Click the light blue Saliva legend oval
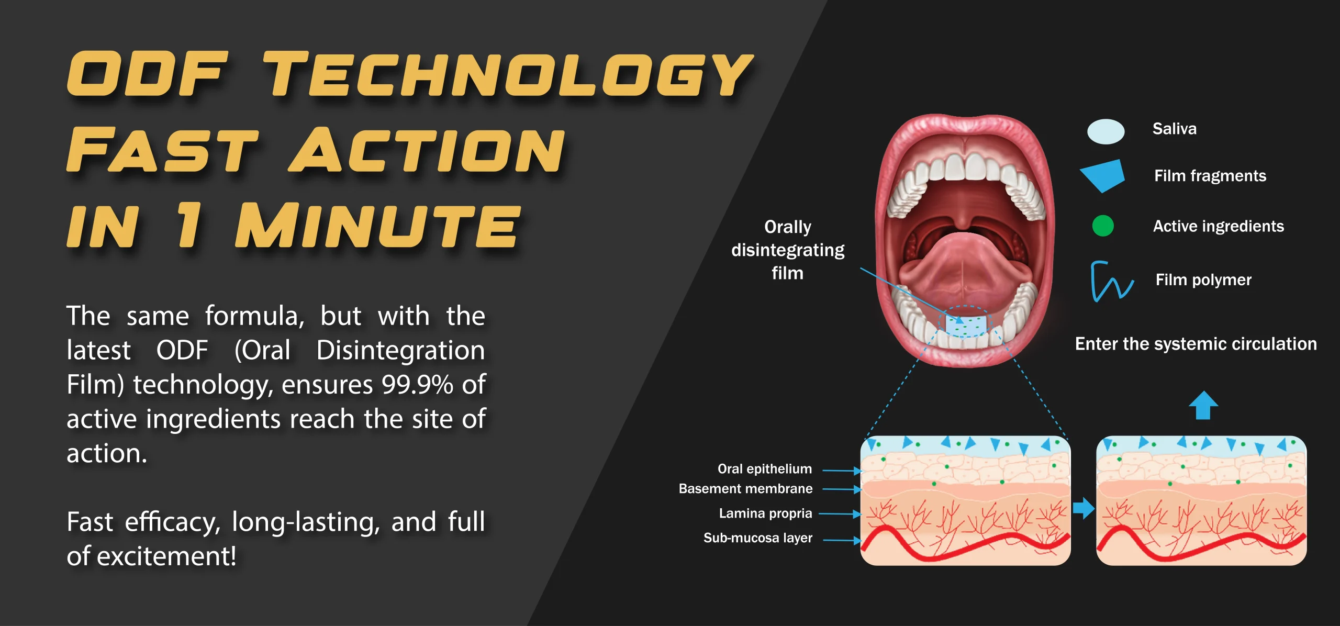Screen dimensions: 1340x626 pos(1105,131)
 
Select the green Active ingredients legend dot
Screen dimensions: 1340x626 pos(1103,226)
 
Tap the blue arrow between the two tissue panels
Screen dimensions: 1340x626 pos(1084,508)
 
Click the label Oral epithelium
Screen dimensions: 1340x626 pos(765,469)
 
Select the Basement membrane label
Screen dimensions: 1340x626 pos(746,488)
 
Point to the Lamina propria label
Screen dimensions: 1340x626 pos(766,513)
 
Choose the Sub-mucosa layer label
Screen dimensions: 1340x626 pos(758,538)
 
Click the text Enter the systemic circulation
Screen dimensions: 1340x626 pos(1196,344)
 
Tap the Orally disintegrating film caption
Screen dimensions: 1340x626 pos(788,250)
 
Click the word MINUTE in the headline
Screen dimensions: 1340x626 pos(377,226)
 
